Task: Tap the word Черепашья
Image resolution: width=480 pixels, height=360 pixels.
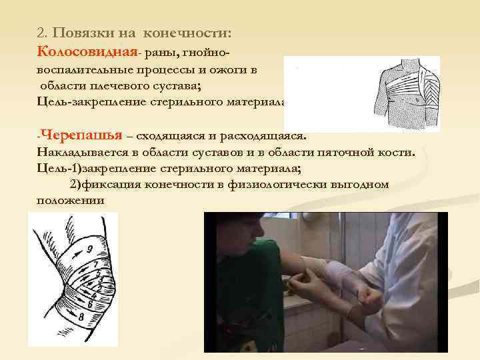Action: pos(81,135)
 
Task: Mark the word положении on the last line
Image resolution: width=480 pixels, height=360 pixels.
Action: pos(71,200)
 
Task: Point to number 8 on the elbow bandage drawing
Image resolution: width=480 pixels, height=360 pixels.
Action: pos(81,318)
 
